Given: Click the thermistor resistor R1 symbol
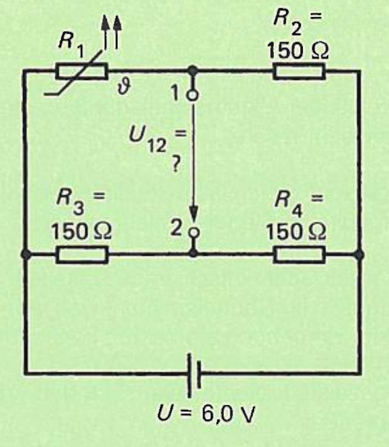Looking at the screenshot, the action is pyautogui.click(x=82, y=71).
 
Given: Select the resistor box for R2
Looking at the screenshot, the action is pyautogui.click(x=299, y=71).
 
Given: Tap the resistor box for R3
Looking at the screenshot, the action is pyautogui.click(x=82, y=254).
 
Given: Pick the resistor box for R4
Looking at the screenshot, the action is pyautogui.click(x=300, y=254).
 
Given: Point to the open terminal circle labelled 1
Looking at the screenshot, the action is pyautogui.click(x=192, y=96).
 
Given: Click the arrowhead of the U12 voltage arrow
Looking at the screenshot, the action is pyautogui.click(x=194, y=214).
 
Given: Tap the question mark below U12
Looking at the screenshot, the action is pyautogui.click(x=177, y=165).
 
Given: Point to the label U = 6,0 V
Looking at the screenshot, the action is pyautogui.click(x=205, y=413).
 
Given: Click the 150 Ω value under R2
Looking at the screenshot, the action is pyautogui.click(x=298, y=51).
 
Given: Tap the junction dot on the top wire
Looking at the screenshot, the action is pyautogui.click(x=192, y=70).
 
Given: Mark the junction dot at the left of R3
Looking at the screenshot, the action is pyautogui.click(x=26, y=254).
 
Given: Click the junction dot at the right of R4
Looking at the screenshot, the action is pyautogui.click(x=359, y=254).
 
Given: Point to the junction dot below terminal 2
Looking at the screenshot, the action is pyautogui.click(x=193, y=252).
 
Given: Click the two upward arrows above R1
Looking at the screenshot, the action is pyautogui.click(x=111, y=31).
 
